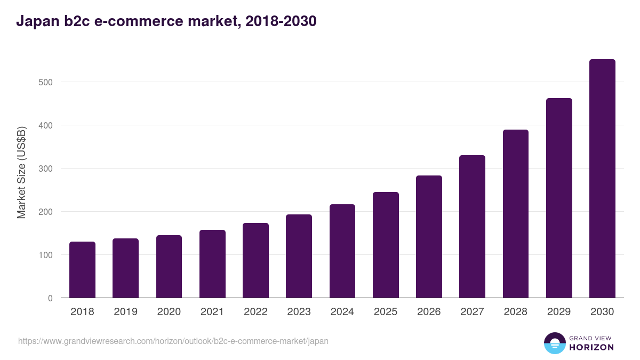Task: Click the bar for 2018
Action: pos(82,270)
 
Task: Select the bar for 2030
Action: pos(602,179)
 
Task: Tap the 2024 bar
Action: pos(342,251)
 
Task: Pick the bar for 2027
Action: pos(472,227)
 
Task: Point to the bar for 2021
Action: pos(212,264)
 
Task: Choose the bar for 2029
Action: pos(559,198)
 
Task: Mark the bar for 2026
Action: pos(429,237)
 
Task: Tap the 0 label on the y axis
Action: pos(50,298)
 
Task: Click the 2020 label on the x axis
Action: pos(169,312)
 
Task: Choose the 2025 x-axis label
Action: pos(386,312)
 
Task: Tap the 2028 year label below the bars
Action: pos(516,312)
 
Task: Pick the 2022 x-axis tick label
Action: pos(255,312)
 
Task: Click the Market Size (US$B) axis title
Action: pos(21,172)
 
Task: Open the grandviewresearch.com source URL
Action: pos(173,341)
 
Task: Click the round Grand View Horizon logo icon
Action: pos(555,343)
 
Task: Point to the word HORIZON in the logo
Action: pos(591,347)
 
